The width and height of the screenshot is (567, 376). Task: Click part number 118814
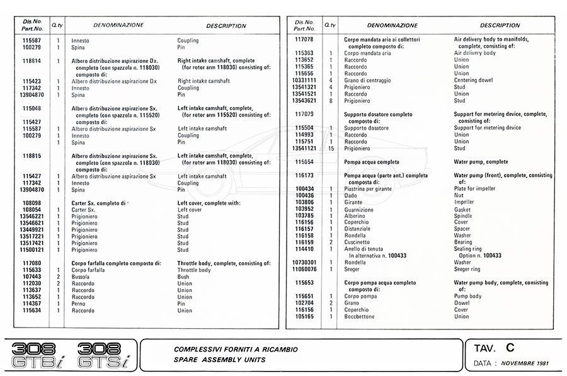pos(32,61)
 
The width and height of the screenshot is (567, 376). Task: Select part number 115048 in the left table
pos(32,108)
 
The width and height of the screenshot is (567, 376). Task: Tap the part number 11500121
pos(32,249)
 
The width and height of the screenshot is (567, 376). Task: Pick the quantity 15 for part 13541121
pos(331,148)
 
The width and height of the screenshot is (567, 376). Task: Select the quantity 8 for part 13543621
pos(331,101)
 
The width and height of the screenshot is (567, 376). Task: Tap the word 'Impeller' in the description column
pos(465,202)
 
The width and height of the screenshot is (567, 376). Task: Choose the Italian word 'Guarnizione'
pos(359,209)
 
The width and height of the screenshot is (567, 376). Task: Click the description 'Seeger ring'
pos(467,269)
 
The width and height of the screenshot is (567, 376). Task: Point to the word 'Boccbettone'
pos(360,316)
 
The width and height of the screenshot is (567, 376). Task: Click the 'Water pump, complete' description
pos(481,162)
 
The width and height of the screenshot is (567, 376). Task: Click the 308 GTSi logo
pos(102,355)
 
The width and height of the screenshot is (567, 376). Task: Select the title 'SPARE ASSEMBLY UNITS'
pos(219,360)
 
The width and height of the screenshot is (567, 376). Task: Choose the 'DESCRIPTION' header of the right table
pos(500,26)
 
